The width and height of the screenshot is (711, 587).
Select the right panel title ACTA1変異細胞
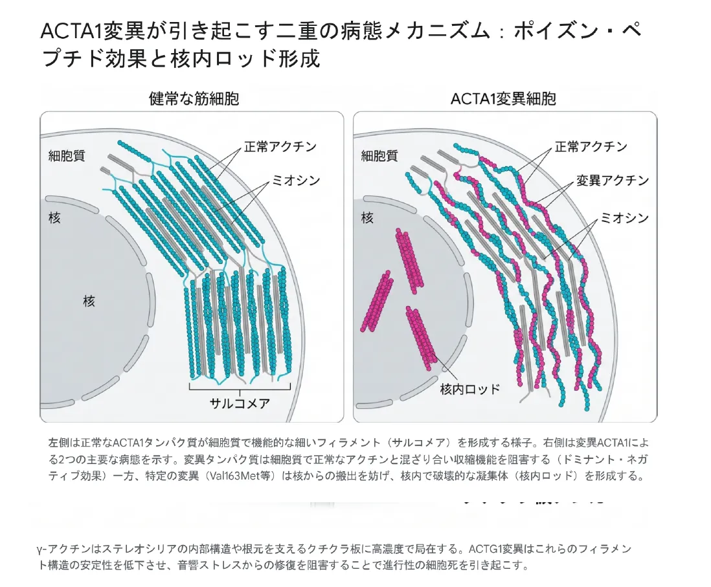[x=503, y=99]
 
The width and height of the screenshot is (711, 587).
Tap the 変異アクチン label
[x=613, y=181]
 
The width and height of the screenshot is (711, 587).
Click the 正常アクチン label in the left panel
[x=280, y=146]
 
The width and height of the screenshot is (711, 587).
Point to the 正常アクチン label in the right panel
[x=591, y=146]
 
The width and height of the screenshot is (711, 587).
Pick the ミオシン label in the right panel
[x=625, y=217]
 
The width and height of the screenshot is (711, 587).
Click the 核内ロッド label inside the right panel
[x=470, y=389]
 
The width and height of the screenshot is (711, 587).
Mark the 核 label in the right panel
[x=367, y=218]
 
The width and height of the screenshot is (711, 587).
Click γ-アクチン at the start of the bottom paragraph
[x=65, y=549]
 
